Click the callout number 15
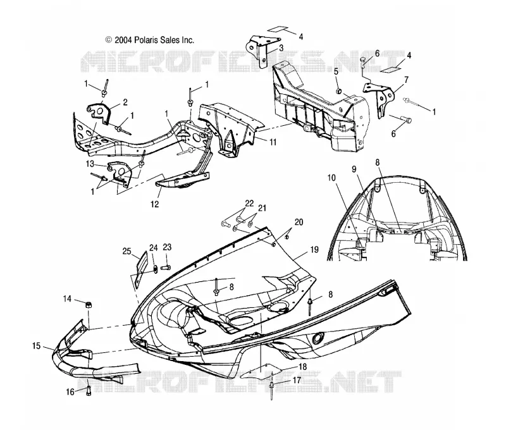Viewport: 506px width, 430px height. (x=37, y=346)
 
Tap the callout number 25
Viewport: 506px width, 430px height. (x=127, y=250)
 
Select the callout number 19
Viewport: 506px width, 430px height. (x=314, y=250)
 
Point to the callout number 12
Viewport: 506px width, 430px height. (x=154, y=204)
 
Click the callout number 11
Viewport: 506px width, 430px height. (x=273, y=142)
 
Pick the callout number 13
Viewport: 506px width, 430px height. (x=90, y=164)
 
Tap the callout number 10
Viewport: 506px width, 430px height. (x=331, y=178)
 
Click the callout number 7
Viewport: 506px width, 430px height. (x=406, y=79)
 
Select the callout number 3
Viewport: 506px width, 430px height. (x=281, y=49)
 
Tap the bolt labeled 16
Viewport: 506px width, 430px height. (x=89, y=391)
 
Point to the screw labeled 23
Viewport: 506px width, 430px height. (x=166, y=267)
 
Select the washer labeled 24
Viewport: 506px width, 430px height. (x=155, y=269)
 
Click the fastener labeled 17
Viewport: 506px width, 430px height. (x=271, y=390)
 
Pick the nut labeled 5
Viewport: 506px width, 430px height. (x=339, y=92)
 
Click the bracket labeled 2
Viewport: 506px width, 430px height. (x=100, y=113)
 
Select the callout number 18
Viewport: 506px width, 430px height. (x=302, y=367)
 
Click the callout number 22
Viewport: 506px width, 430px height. (x=249, y=203)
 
